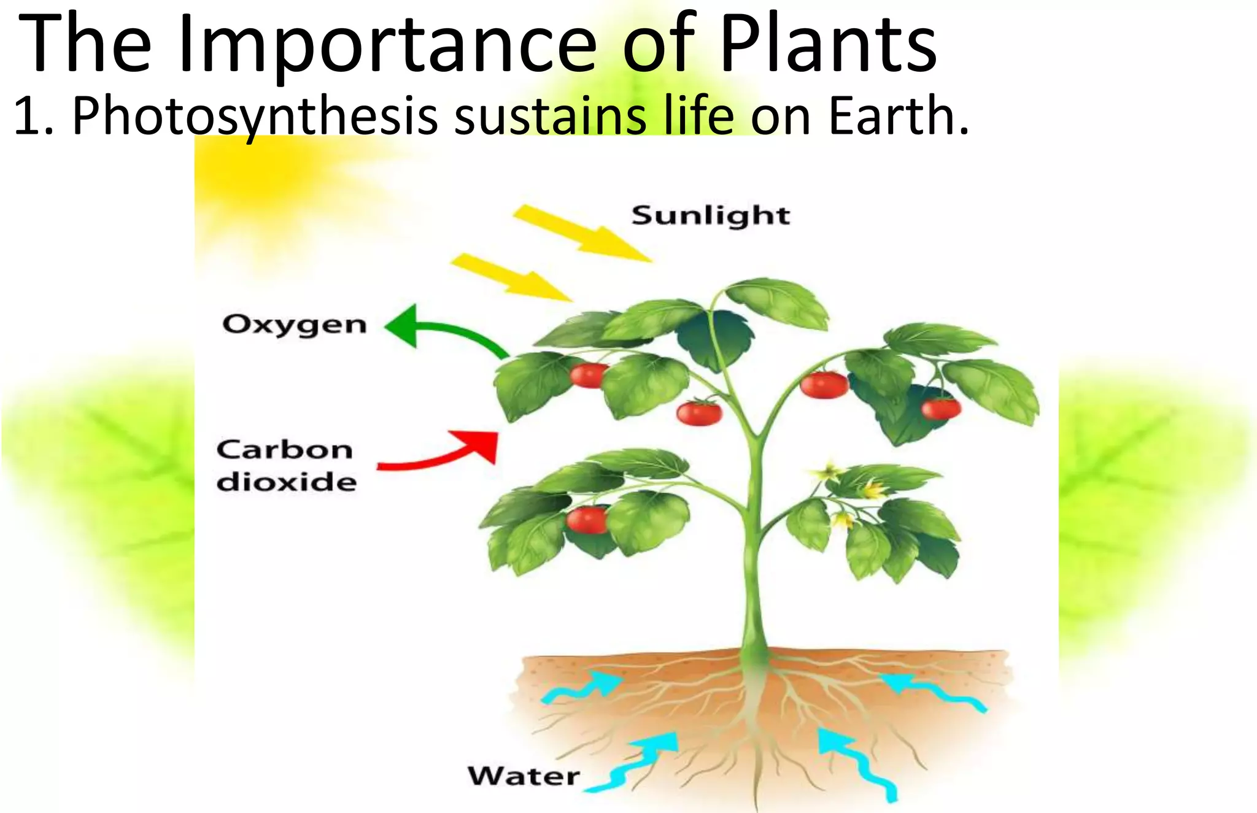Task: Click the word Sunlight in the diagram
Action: (711, 216)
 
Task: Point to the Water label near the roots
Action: (524, 777)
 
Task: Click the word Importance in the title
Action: (387, 44)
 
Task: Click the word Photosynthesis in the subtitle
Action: (255, 117)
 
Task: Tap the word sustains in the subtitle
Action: (550, 117)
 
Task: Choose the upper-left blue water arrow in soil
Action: (583, 687)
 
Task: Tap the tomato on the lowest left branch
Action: (587, 520)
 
